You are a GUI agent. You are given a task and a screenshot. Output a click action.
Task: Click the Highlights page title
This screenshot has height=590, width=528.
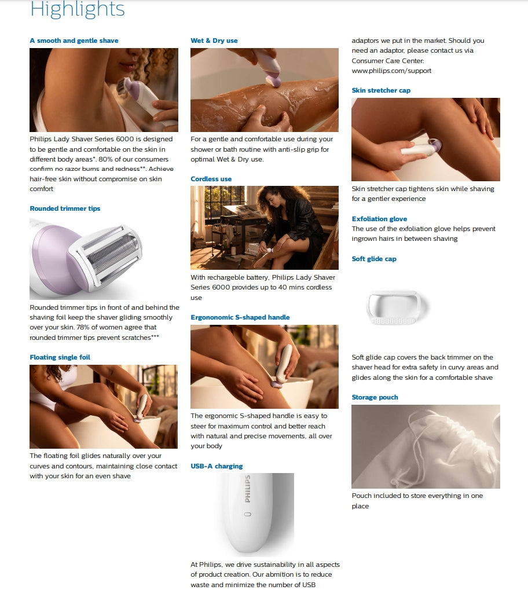point(77,9)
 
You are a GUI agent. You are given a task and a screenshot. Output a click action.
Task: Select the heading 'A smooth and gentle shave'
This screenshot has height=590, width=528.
point(74,41)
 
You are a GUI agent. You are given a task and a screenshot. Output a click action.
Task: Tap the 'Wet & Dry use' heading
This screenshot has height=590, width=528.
point(214,41)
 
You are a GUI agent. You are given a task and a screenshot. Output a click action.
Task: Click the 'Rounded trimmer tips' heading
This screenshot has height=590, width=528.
point(65,208)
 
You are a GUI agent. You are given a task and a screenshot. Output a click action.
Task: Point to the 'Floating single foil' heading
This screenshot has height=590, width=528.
point(60,357)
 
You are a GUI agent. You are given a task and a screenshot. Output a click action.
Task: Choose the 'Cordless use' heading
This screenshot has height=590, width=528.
point(211,179)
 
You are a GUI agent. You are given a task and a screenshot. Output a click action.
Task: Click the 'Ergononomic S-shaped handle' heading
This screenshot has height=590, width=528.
point(240,317)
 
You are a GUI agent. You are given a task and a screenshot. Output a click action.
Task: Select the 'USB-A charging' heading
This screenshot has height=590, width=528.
point(217,466)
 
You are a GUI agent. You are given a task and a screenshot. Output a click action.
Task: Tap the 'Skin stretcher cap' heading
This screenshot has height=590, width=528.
point(381,90)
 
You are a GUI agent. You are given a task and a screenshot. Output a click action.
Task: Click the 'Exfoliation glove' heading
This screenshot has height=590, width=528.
point(379,219)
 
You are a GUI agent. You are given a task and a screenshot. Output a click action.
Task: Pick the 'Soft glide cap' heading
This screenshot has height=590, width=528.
point(374,259)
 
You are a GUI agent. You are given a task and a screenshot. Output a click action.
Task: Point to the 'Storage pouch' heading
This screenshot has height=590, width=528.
point(375,397)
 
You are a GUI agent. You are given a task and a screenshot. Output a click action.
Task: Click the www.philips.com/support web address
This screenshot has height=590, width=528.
point(391,71)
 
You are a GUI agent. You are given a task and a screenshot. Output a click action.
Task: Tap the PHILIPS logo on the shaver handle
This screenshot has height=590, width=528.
point(248,489)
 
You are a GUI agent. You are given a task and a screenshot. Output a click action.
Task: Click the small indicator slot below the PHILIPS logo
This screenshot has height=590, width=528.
point(248,514)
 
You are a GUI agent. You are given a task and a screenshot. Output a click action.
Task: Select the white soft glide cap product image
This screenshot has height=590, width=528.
point(397,307)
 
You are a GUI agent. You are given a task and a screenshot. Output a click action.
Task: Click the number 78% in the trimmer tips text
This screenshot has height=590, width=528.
point(84,327)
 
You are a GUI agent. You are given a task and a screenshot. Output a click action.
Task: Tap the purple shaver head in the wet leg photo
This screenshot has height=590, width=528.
point(274,80)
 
